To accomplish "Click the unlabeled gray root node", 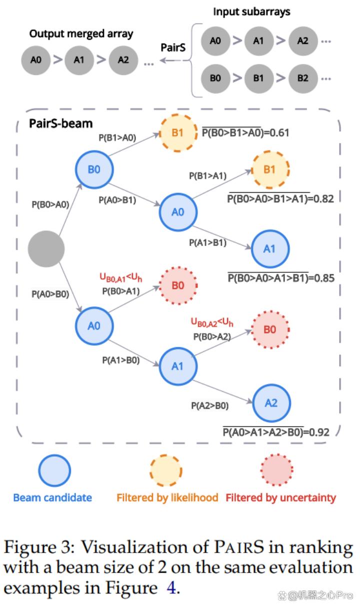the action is pos(46,249).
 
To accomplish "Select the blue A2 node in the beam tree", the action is pos(271,403).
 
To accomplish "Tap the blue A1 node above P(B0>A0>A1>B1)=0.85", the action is pos(270,249).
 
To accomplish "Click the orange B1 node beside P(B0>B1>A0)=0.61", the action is pos(178,133).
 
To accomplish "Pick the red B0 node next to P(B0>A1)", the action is pos(178,286).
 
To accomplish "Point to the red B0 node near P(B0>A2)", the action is pos(270,330).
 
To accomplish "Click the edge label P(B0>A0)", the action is pos(50,204).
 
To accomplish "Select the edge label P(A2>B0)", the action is pos(210,406).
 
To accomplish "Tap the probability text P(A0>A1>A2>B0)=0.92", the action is pos(276,432).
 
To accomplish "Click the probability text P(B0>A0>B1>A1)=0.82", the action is pos(280,199).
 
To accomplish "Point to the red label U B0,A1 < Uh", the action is pos(120,277).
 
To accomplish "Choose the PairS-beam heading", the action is pos(61,123).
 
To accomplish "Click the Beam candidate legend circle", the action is pos(54,471).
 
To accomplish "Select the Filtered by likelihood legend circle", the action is pos(166,471).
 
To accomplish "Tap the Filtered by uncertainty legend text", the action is pos(280,498).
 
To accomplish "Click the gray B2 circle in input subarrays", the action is pos(302,78).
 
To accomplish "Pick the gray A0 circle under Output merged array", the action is pos(36,60).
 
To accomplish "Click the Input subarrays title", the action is pos(251,11).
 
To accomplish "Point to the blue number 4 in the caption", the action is pos(171,588).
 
